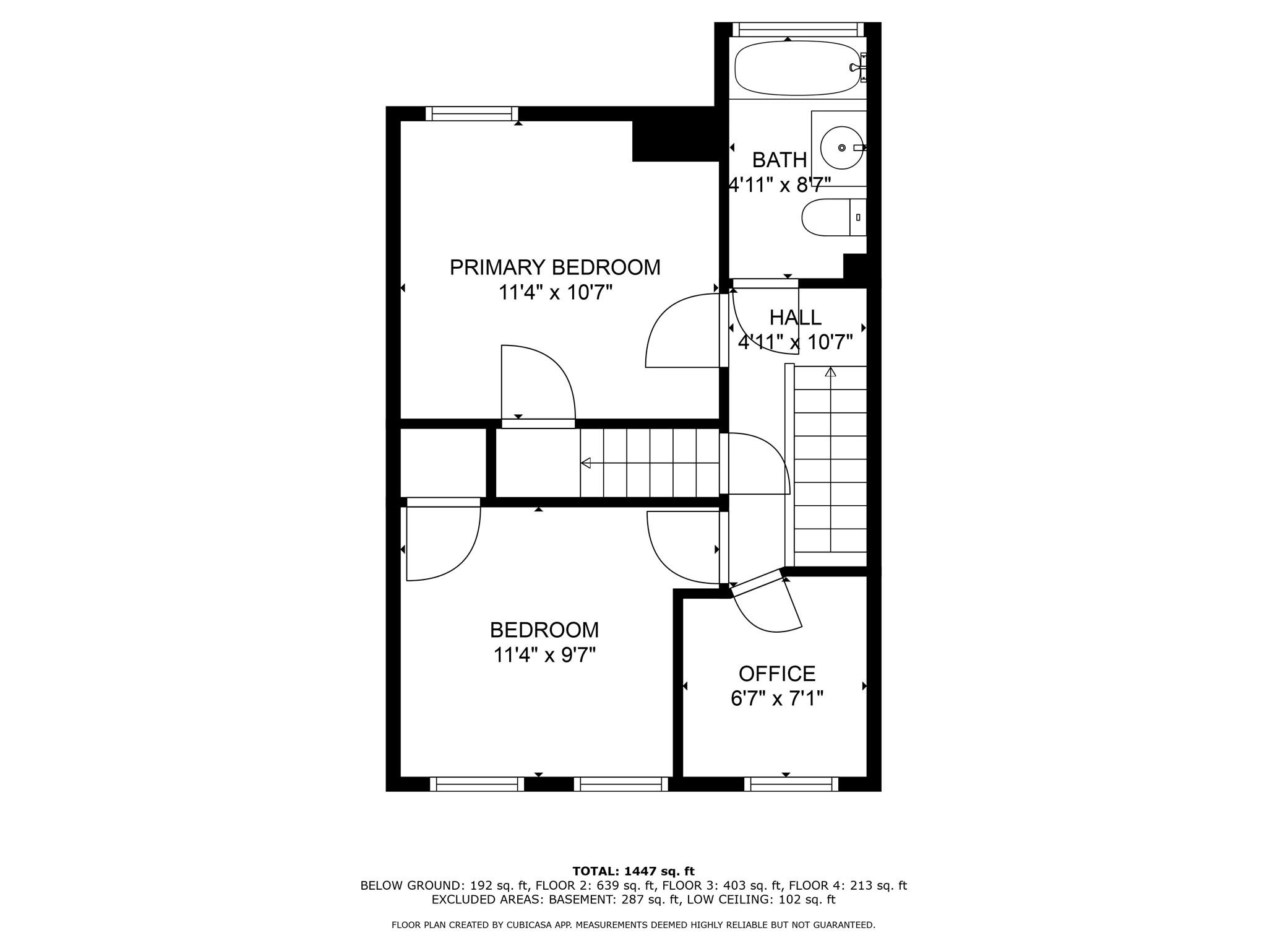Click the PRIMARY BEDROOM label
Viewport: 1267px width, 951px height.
554,267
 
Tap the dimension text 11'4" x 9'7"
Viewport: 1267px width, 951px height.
544,654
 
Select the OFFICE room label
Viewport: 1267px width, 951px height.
776,674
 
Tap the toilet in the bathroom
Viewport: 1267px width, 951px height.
832,217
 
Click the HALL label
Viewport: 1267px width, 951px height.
795,318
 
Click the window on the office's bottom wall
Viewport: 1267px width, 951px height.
791,784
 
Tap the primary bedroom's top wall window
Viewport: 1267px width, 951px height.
472,113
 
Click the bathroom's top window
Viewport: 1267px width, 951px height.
797,29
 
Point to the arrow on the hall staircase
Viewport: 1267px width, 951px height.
830,372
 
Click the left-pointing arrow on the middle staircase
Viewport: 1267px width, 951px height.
585,462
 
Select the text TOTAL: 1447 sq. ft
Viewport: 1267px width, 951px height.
633,872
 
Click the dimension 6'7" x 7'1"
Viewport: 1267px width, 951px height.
776,699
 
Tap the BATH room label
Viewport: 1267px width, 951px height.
779,160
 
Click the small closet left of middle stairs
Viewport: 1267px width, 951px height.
443,462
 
